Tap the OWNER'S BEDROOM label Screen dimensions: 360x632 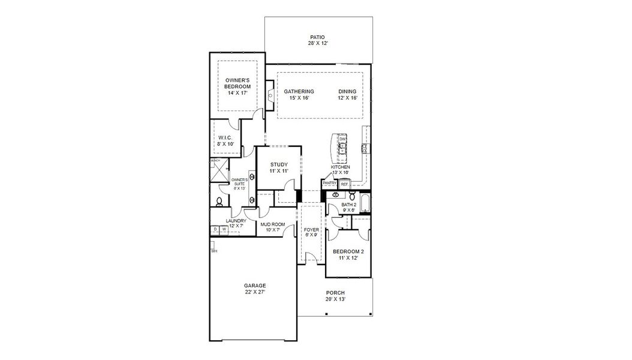pos(237,83)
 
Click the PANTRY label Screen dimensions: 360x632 pos(329,184)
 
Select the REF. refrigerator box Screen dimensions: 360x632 pos(344,184)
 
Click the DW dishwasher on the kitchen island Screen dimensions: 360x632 pos(342,139)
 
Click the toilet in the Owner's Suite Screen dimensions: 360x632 pos(220,202)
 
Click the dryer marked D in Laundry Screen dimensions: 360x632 pos(215,229)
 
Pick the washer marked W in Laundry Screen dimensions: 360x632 pos(224,229)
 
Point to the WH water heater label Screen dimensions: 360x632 pos(213,251)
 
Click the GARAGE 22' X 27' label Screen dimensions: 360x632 pos(254,289)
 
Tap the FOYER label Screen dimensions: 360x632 pos(311,232)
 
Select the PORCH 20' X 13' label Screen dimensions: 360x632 pos(335,296)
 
